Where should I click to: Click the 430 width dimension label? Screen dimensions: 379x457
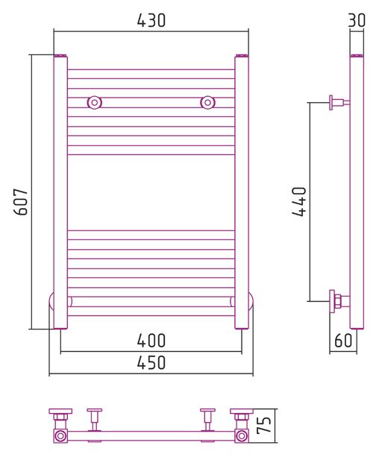point(151,21)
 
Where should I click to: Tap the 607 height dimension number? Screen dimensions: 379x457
point(22,202)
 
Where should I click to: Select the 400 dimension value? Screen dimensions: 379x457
point(151,341)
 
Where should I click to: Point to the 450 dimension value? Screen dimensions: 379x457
point(151,363)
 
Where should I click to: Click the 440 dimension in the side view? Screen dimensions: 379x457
point(299,202)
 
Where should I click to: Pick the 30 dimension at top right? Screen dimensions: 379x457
point(357,21)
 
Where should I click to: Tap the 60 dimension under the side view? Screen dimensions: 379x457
point(343,341)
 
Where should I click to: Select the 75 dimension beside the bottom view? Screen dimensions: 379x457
point(264,425)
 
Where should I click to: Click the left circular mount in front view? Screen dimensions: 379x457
point(95,103)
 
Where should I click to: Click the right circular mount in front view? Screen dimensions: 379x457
point(207,103)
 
